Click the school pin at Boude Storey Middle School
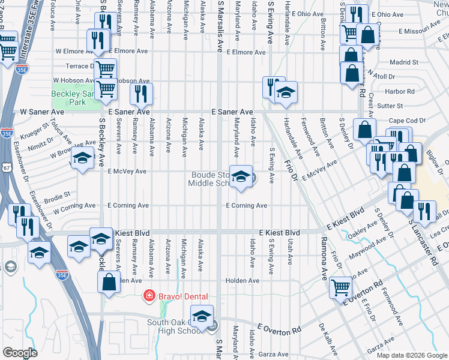click(241, 177)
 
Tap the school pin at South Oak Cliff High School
click(202, 317)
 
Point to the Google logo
click(20, 352)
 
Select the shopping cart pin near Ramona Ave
click(340, 287)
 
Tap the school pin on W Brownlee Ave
click(83, 159)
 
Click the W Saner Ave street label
click(41, 112)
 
